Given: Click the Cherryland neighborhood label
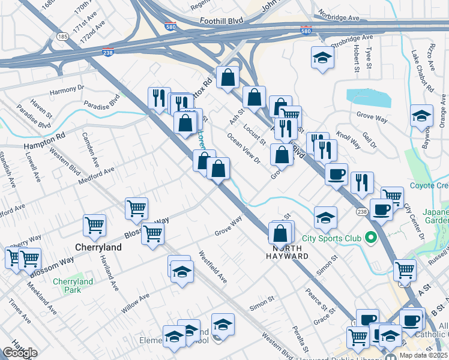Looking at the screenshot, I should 98,247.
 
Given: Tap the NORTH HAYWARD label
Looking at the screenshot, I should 291,252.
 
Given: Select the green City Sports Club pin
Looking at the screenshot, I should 371,238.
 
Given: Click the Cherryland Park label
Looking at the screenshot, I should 73,286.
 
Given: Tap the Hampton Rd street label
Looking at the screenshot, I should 44,142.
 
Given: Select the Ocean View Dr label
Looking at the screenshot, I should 243,148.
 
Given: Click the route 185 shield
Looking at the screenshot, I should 62,37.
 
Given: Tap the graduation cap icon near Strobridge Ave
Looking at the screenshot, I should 322,58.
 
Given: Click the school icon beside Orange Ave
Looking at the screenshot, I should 421,115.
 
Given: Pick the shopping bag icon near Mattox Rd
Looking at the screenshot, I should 228,77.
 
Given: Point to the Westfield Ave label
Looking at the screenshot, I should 213,267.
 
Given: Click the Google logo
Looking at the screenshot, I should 20,353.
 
